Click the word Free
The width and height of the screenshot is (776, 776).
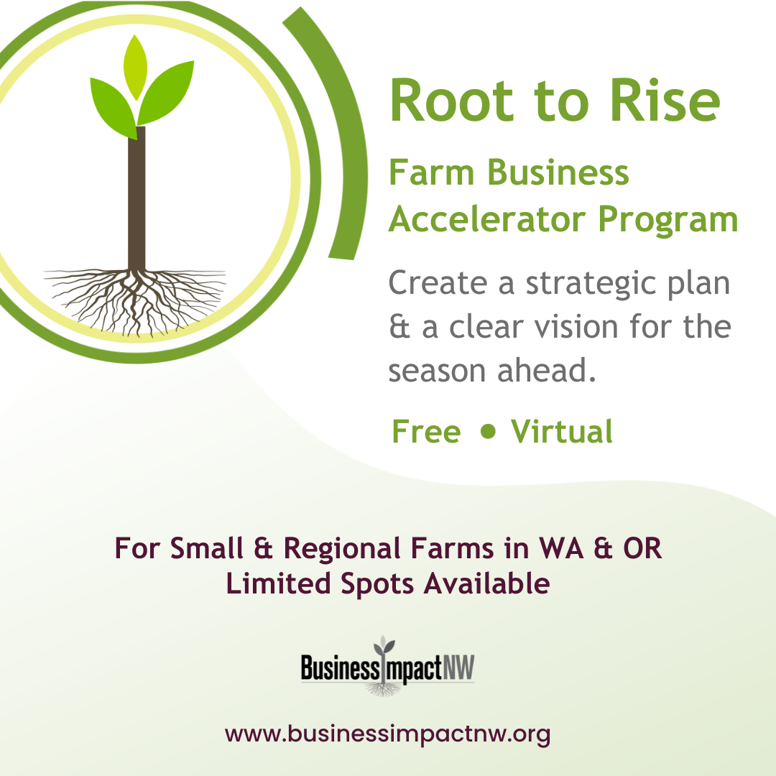(x=425, y=432)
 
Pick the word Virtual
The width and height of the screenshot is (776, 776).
(x=562, y=432)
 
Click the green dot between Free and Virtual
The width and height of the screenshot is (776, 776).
(x=489, y=430)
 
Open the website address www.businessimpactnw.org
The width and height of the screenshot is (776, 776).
(x=388, y=734)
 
